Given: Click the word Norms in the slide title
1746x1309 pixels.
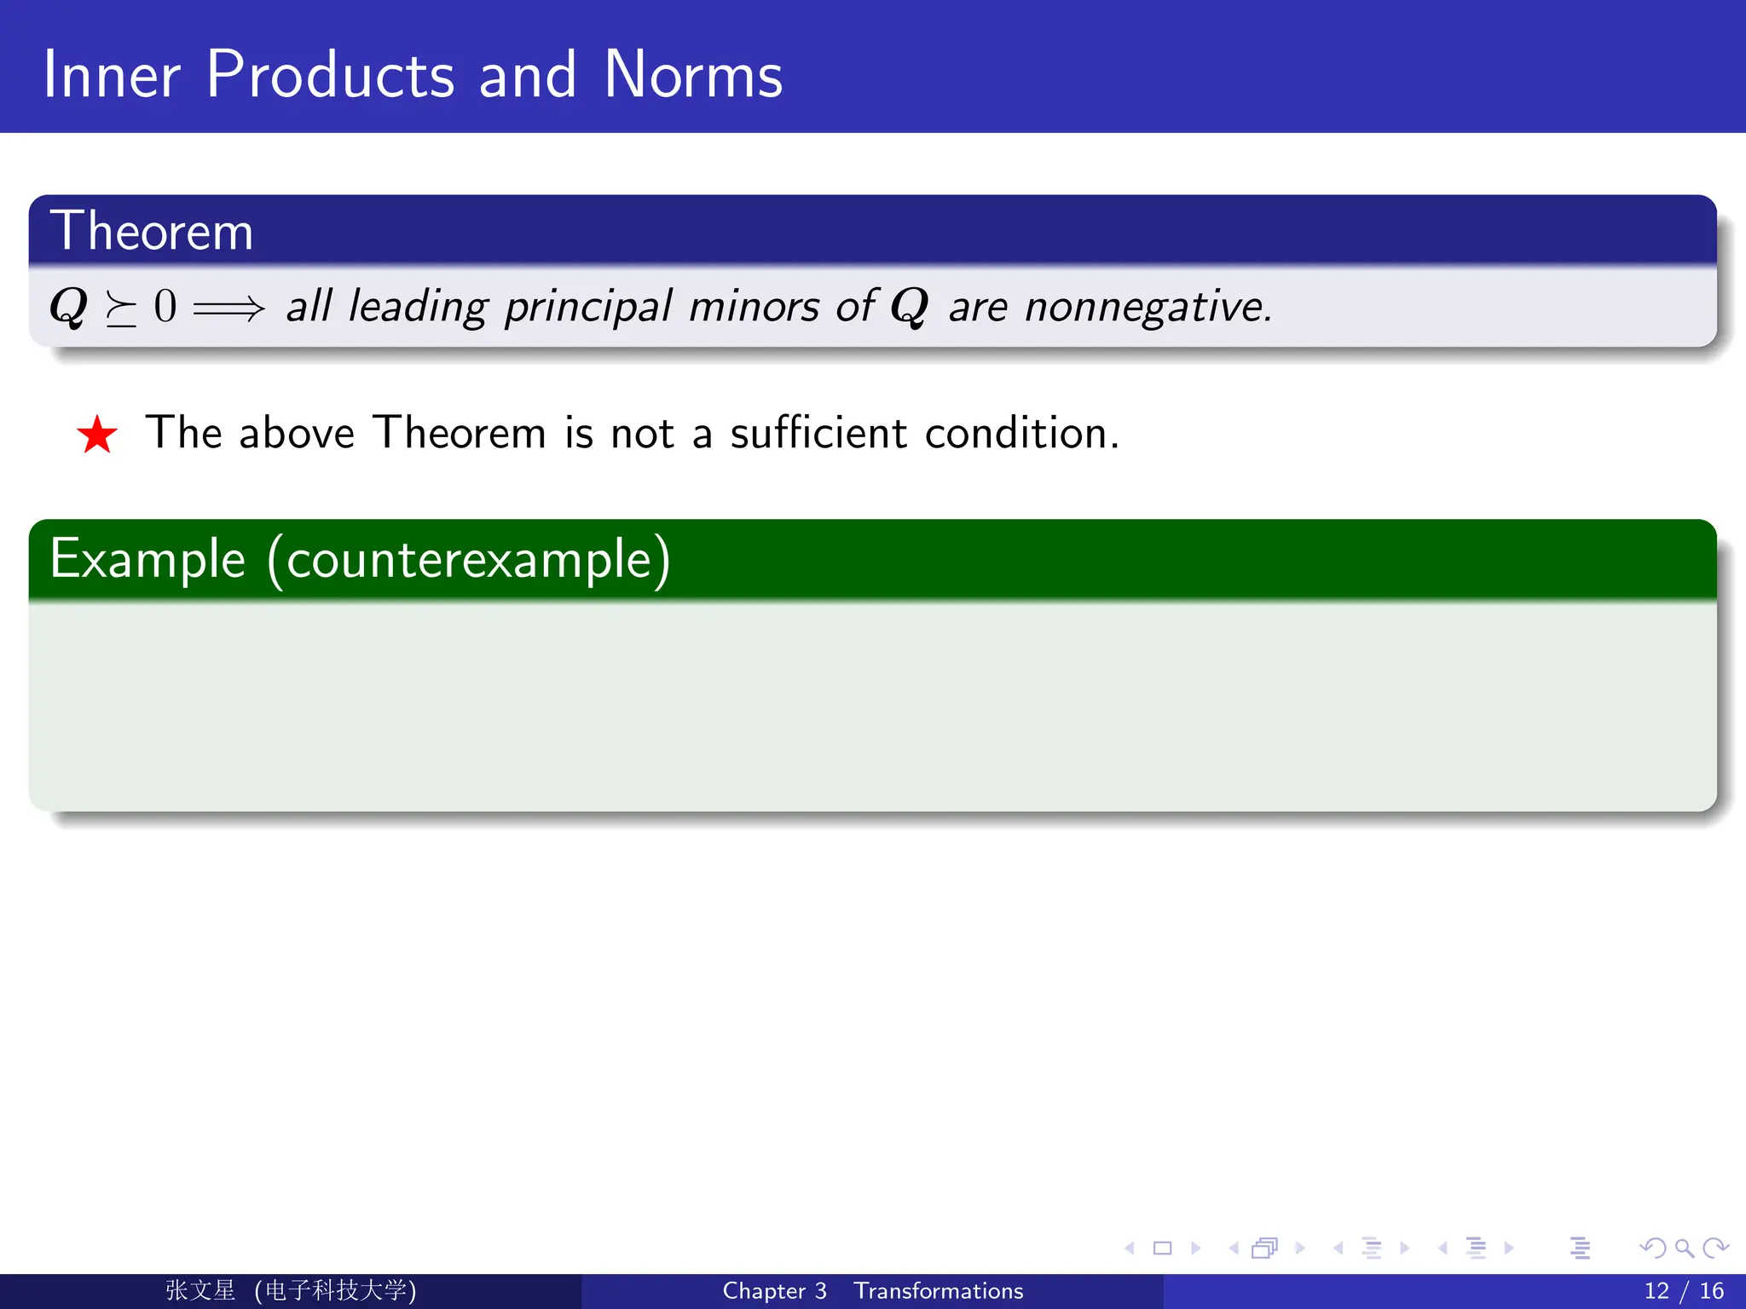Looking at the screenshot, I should [692, 75].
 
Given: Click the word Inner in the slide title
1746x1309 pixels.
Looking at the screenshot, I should [111, 75].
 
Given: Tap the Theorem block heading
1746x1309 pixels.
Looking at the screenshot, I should [152, 231].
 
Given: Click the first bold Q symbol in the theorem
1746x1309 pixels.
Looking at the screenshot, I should [68, 306].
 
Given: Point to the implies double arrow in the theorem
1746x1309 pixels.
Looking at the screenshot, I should [228, 307].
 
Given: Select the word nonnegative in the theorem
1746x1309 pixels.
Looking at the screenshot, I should [1147, 307].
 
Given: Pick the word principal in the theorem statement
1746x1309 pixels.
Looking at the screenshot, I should [588, 307].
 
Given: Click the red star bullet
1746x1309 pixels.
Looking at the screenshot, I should [97, 435].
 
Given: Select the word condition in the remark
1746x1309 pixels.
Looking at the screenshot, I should [1020, 432].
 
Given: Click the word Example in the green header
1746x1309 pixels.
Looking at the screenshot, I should [147, 559].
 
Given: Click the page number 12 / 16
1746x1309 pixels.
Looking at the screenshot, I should [1683, 1290].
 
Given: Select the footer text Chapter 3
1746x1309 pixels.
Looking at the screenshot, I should [774, 1290].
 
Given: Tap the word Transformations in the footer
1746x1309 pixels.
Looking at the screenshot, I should [938, 1290].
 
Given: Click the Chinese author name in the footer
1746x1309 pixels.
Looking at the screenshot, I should [200, 1290].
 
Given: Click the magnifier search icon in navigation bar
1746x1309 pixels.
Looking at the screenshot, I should [1684, 1248].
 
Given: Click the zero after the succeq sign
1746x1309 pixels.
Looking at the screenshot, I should [165, 306].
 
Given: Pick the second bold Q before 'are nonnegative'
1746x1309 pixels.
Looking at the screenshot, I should [909, 306].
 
